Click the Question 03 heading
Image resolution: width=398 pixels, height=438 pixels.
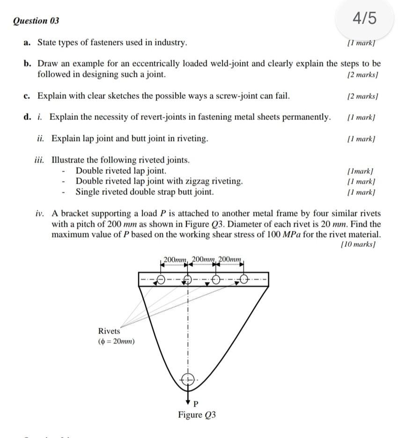(x=37, y=21)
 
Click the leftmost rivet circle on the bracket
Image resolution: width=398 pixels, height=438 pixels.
(x=161, y=280)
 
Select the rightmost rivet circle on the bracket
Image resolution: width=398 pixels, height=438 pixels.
(x=244, y=280)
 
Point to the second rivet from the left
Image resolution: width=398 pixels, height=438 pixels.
(x=188, y=280)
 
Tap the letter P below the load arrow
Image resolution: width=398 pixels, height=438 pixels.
(x=196, y=403)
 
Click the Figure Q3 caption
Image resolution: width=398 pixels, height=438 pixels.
(x=197, y=415)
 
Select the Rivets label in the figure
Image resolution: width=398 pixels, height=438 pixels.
(x=109, y=331)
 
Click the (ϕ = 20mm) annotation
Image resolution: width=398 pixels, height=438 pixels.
(x=116, y=341)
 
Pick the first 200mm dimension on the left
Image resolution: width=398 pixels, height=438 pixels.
(x=175, y=259)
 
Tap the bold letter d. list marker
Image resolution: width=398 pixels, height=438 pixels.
(x=28, y=117)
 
